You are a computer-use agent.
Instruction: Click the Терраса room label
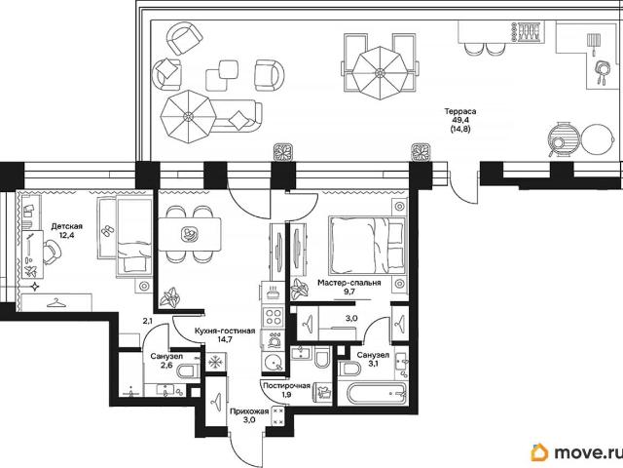click(460, 111)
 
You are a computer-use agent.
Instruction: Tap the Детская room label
click(67, 226)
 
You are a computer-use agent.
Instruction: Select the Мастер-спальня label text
click(349, 283)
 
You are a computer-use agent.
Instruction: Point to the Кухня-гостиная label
click(225, 331)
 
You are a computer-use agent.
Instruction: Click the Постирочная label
click(286, 385)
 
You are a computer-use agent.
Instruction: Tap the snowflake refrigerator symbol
click(215, 362)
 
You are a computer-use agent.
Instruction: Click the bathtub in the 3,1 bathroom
click(378, 394)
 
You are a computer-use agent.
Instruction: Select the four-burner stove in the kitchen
click(273, 317)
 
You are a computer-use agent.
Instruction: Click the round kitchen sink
click(273, 362)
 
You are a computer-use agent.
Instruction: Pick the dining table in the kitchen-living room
click(190, 234)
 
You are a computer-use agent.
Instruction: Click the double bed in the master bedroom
click(367, 246)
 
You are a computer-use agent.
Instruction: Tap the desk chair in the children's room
click(52, 253)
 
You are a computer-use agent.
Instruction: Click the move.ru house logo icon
click(539, 452)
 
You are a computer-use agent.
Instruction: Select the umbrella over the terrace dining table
click(381, 73)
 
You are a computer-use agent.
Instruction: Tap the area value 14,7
click(225, 339)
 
